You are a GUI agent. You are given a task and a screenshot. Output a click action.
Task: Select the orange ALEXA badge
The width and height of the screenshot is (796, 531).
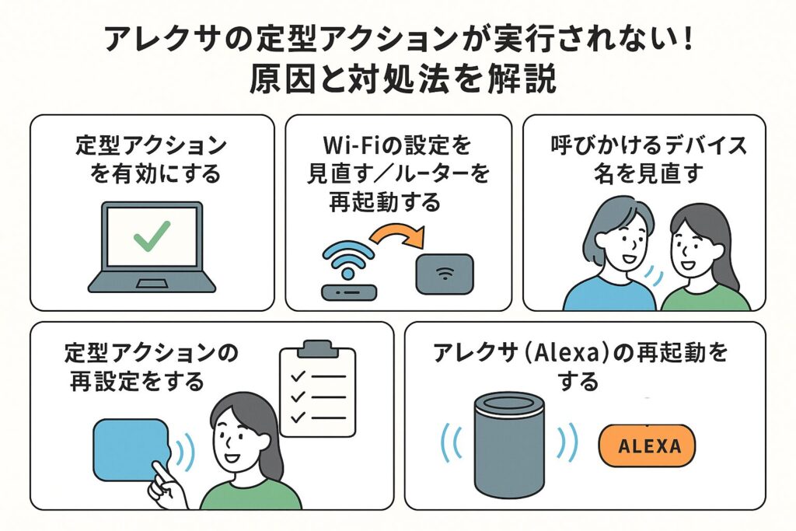click(648, 445)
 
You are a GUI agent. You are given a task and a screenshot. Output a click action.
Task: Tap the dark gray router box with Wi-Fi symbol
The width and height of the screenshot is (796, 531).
click(445, 274)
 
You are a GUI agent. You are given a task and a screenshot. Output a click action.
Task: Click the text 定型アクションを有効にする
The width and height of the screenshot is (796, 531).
click(152, 159)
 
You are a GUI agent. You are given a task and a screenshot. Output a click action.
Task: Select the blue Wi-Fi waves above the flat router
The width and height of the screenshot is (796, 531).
click(347, 256)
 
